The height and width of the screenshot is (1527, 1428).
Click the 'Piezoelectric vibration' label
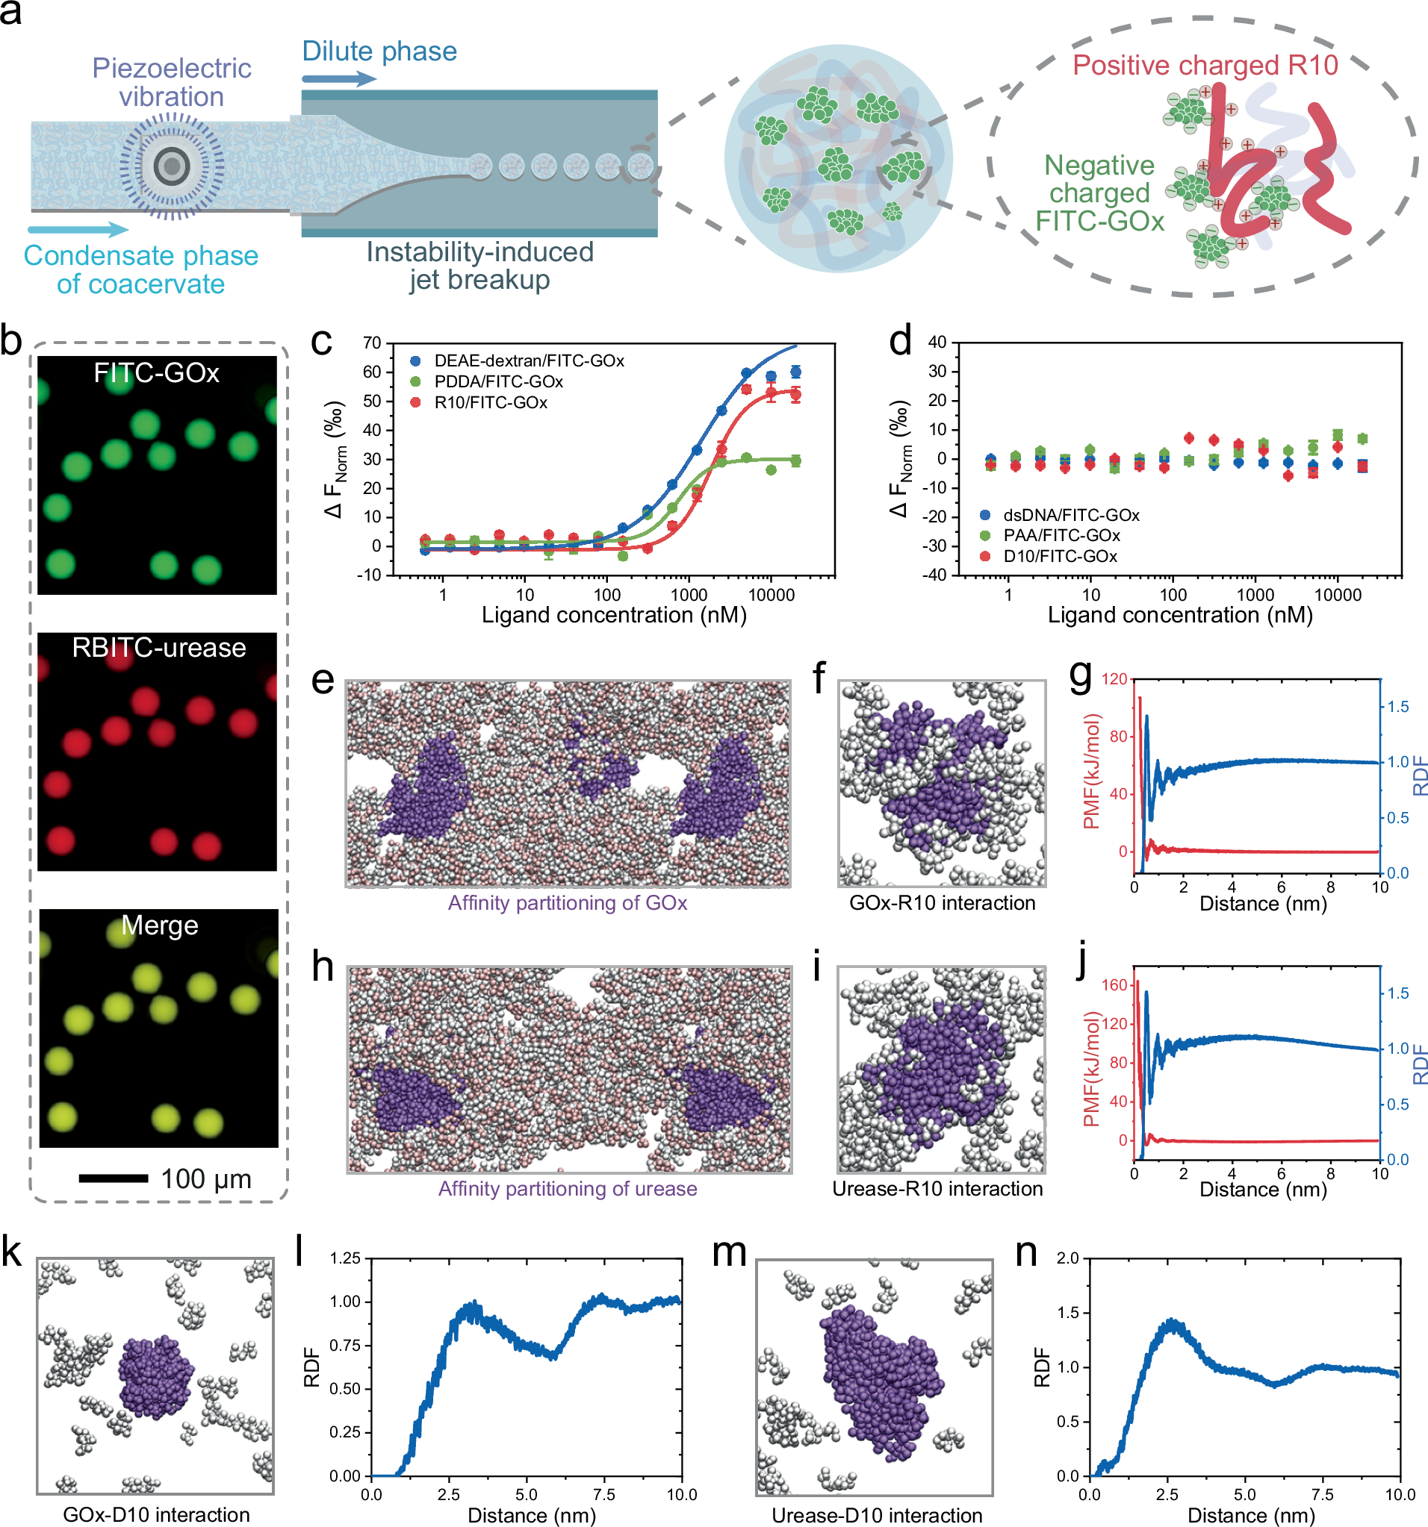[171, 82]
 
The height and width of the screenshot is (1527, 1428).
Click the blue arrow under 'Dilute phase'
[338, 78]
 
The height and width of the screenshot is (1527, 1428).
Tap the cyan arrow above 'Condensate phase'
[78, 229]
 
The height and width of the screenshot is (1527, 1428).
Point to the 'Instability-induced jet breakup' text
[479, 265]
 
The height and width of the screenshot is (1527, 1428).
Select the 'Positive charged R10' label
[1205, 65]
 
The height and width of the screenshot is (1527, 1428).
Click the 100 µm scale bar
[113, 1178]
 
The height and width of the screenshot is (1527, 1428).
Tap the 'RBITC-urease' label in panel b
[158, 648]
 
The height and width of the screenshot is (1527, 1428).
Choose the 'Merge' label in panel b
[160, 925]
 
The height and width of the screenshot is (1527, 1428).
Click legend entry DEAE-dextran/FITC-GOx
[529, 360]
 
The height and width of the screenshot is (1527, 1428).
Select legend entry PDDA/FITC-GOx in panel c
[498, 382]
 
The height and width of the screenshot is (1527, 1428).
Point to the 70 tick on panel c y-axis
[372, 343]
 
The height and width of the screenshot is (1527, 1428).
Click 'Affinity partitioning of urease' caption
[567, 1188]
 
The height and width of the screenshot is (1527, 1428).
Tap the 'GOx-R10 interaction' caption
[942, 902]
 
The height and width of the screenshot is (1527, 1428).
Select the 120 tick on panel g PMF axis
[1114, 679]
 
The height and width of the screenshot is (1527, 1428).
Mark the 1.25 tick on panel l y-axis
[345, 1258]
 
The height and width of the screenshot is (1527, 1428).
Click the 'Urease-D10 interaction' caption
[876, 1515]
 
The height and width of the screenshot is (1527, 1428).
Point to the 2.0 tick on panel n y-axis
[1067, 1258]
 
